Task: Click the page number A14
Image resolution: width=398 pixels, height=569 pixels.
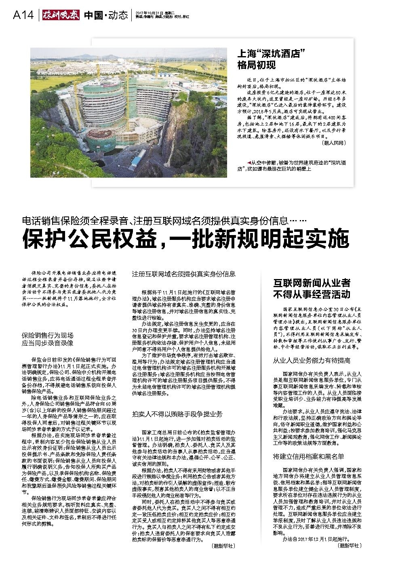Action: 23,15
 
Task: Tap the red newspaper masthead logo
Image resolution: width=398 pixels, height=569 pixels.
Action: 60,15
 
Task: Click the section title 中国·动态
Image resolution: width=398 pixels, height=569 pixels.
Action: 106,15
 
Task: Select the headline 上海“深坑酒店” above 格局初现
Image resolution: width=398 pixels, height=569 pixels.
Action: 270,54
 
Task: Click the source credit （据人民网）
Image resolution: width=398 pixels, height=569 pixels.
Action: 333,143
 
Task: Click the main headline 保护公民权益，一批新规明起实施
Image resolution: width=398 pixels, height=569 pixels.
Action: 185,239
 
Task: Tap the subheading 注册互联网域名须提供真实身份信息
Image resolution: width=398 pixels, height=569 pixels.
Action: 184,274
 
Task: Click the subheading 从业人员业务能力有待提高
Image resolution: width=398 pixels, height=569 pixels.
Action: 312,360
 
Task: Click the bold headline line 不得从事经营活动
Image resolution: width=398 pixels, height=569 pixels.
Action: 312,294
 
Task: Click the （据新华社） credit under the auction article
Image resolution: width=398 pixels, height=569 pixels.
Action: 223,546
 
